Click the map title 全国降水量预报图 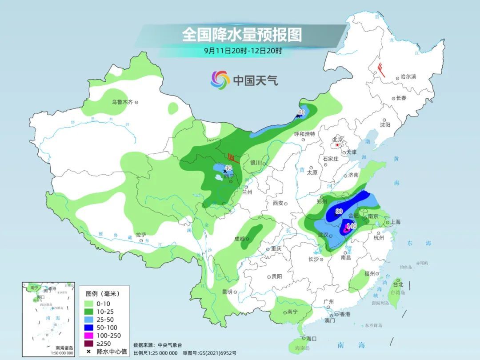tap(242, 34)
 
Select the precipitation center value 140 tap(351, 226)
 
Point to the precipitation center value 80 tap(339, 211)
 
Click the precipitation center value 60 tap(301, 112)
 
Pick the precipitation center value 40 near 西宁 tap(228, 168)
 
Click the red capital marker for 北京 tap(338, 145)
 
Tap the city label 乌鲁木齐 tap(122, 102)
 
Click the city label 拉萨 tap(141, 234)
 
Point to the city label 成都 tap(239, 239)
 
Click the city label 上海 tap(396, 222)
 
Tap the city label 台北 tap(398, 284)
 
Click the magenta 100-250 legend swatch tap(92, 335)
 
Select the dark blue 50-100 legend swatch tap(92, 328)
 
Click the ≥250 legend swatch tap(92, 343)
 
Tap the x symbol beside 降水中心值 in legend tap(89, 352)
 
